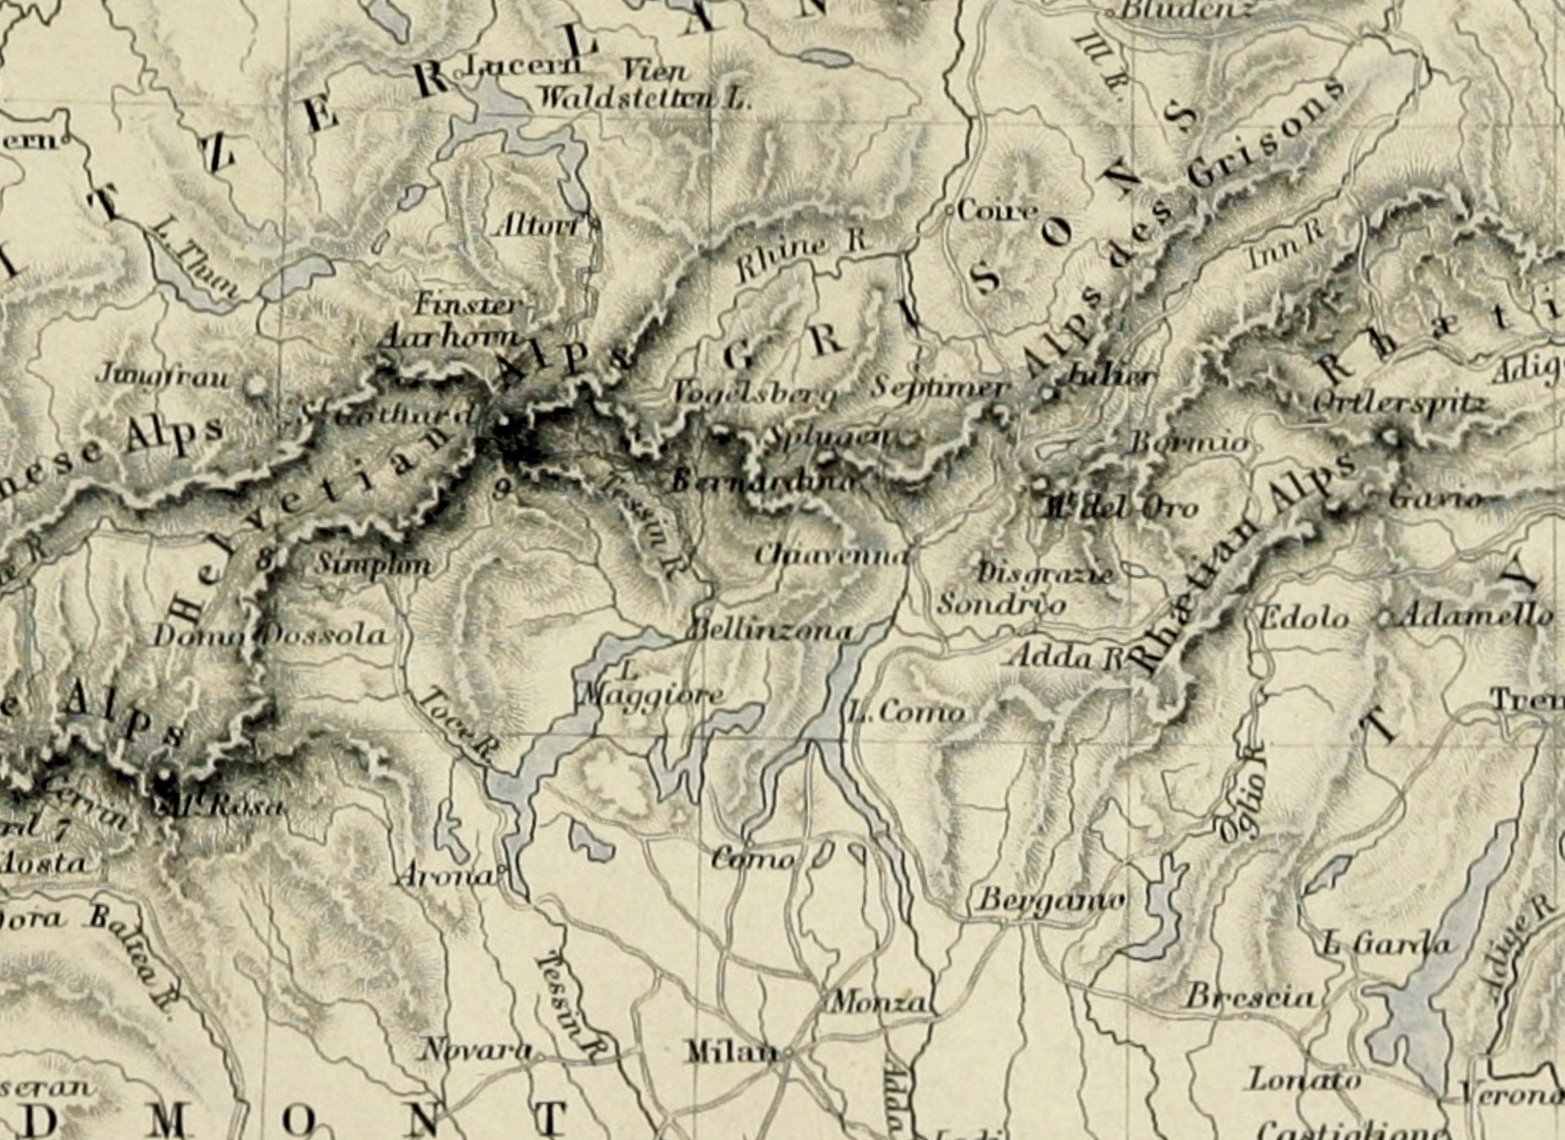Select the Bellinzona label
click(x=770, y=630)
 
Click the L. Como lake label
click(x=906, y=712)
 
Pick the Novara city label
click(x=476, y=1049)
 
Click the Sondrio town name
click(x=1002, y=603)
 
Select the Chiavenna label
click(x=832, y=555)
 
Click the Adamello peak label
click(x=1477, y=616)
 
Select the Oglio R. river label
click(x=1241, y=792)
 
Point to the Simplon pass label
click(x=372, y=563)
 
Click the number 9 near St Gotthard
click(x=502, y=488)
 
